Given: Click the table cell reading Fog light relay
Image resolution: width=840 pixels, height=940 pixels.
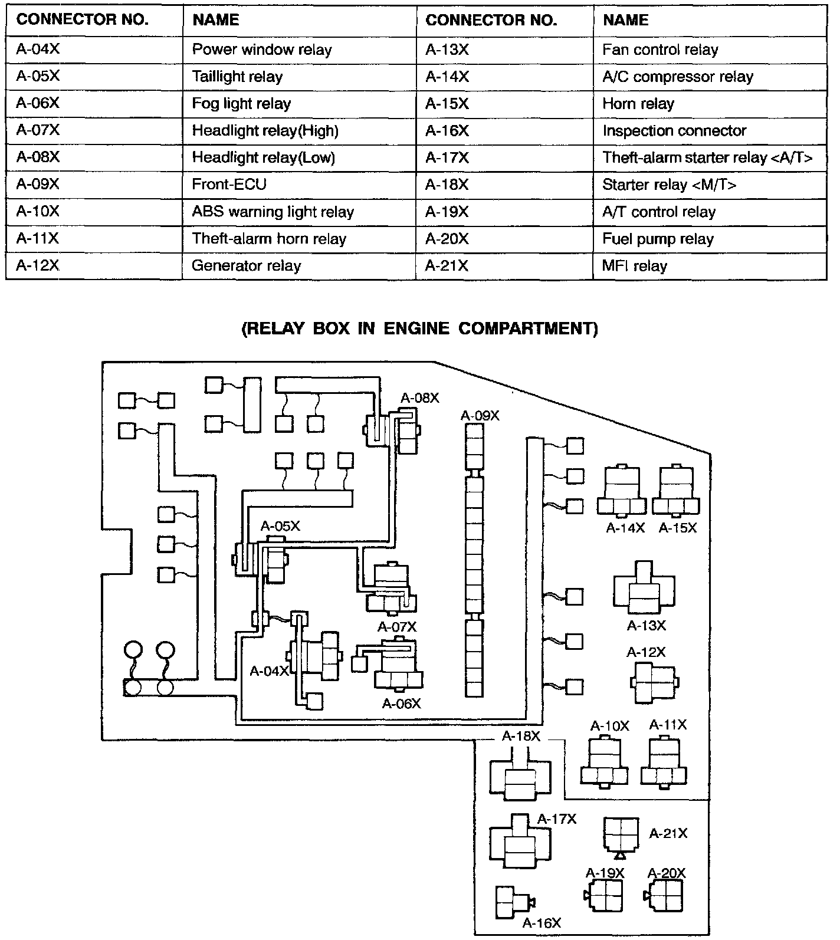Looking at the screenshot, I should click(241, 104).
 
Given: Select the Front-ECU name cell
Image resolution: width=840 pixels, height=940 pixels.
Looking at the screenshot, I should click(229, 185).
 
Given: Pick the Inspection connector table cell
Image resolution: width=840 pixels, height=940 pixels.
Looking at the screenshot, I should click(674, 131).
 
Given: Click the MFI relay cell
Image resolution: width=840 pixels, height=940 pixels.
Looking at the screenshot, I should click(634, 266).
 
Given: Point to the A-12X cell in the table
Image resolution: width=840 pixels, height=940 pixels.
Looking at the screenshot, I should click(38, 266).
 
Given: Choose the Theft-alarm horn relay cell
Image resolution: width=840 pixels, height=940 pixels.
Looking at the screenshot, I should click(269, 239).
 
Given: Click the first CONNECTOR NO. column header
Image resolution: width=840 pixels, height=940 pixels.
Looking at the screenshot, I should click(82, 20).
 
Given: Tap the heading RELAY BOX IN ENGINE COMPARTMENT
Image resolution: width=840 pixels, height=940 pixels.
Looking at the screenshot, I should click(419, 328).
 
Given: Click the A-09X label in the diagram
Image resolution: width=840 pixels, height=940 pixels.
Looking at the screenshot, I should click(480, 416).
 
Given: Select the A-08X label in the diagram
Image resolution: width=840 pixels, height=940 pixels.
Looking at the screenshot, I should click(419, 398).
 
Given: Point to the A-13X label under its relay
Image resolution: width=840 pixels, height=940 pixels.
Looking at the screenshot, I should click(646, 625).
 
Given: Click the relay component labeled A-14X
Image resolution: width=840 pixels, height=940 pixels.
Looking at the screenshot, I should click(622, 491).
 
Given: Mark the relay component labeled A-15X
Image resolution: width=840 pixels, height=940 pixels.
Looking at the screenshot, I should click(676, 491).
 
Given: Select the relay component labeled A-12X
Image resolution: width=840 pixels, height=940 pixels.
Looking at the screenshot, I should click(655, 682).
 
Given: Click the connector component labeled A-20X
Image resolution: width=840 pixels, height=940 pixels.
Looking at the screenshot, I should click(667, 896).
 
